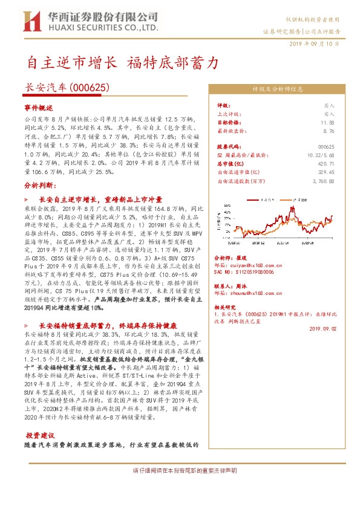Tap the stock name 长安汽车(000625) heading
click(67, 88)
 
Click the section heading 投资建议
click(40, 435)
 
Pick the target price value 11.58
click(328, 122)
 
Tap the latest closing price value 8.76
click(329, 131)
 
